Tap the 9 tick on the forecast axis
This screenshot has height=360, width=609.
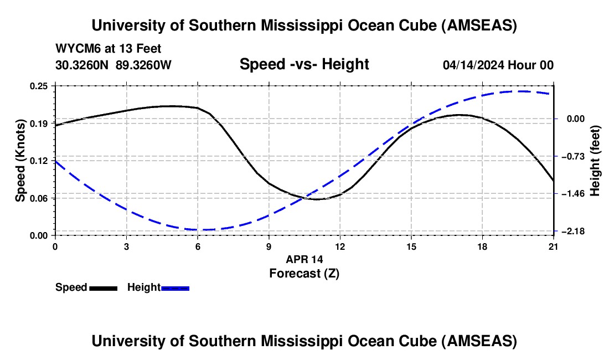coord(269,246)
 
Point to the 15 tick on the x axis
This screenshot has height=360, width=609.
coord(411,246)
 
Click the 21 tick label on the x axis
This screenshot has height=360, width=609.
coord(554,246)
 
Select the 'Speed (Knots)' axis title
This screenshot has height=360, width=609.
coord(20,161)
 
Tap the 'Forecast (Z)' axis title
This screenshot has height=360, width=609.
coord(304,273)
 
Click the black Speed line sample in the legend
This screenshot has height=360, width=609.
coord(103,287)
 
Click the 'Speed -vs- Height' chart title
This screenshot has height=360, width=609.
coord(304,64)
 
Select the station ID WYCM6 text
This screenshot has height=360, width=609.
coord(75,49)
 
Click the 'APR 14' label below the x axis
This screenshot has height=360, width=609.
coord(304,259)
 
